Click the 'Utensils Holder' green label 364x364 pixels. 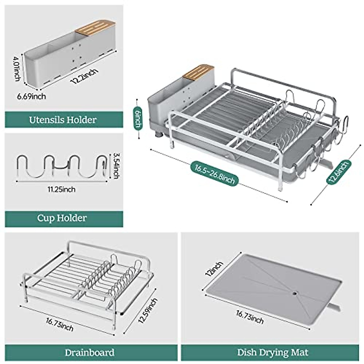click(63, 120)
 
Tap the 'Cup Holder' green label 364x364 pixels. click(62, 218)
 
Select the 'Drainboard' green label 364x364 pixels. click(89, 352)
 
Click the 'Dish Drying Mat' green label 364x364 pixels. click(272, 352)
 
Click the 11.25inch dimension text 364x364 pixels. click(62, 190)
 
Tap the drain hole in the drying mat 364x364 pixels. click(295, 294)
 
